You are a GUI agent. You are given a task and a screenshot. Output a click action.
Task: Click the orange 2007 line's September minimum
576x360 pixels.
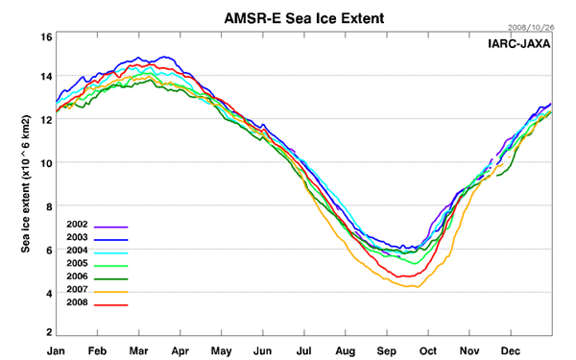[x=414, y=286]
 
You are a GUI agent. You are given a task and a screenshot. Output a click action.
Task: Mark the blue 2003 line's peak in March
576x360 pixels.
[x=165, y=57]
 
